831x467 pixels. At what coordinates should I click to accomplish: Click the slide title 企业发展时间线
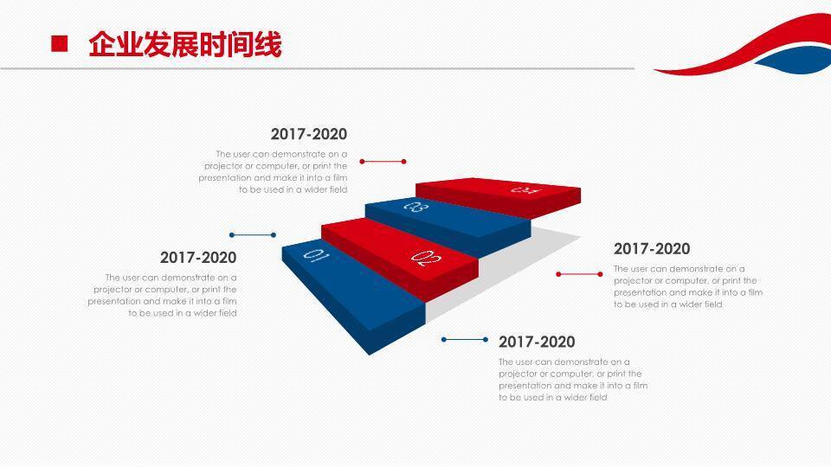click(184, 44)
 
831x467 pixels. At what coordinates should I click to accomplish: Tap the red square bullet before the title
click(60, 44)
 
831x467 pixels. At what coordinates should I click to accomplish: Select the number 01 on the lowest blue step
click(316, 255)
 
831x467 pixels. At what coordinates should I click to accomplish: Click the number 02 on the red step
click(424, 257)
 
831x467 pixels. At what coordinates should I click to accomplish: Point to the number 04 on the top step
click(525, 189)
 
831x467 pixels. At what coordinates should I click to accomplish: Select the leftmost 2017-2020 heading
click(198, 258)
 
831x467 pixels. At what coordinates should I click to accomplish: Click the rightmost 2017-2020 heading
click(652, 249)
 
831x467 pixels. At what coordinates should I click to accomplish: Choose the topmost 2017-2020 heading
click(308, 134)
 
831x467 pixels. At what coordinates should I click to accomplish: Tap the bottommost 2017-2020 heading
click(537, 342)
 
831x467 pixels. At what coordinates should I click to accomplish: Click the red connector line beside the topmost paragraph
click(383, 161)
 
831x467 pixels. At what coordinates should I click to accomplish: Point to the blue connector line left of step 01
click(253, 234)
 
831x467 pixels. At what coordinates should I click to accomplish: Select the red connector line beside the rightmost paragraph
click(579, 274)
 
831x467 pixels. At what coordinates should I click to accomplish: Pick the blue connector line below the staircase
click(466, 340)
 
